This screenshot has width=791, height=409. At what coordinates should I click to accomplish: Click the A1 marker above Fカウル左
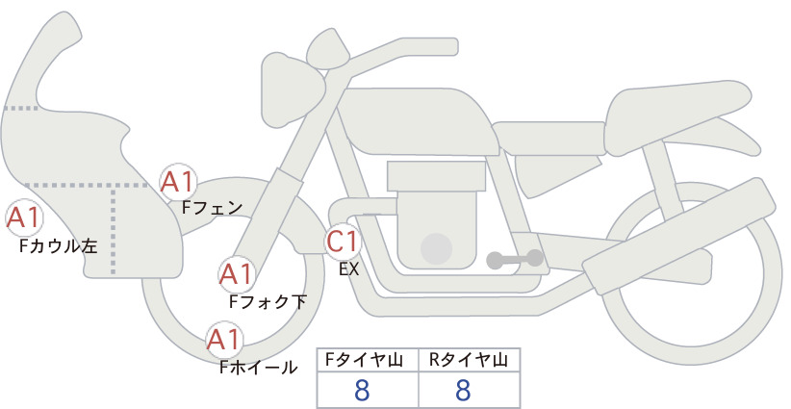[x=24, y=218]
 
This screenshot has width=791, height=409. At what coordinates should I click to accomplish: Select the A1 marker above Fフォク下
[x=236, y=274]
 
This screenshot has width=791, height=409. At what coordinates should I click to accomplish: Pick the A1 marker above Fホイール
[x=224, y=340]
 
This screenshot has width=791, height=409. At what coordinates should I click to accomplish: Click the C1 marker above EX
[x=343, y=241]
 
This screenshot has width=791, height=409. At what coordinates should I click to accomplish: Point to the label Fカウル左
[x=59, y=246]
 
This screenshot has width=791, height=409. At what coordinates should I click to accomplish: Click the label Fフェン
[x=212, y=207]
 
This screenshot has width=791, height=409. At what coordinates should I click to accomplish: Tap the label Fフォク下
[x=268, y=301]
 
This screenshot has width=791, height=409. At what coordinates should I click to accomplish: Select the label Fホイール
[x=259, y=368]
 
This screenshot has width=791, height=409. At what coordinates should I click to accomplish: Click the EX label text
[x=349, y=269]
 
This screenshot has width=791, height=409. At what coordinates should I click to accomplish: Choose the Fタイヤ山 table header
[x=364, y=360]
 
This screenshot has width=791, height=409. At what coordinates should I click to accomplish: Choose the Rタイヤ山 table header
[x=469, y=360]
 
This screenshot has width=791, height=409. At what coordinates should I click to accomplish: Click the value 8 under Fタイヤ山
[x=362, y=390]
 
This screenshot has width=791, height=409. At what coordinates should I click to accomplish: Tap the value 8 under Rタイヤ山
[x=463, y=390]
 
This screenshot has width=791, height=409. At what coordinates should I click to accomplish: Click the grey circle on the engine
[x=436, y=248]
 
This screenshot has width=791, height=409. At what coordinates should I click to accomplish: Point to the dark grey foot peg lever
[x=515, y=259]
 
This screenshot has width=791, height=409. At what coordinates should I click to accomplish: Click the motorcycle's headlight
[x=293, y=90]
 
